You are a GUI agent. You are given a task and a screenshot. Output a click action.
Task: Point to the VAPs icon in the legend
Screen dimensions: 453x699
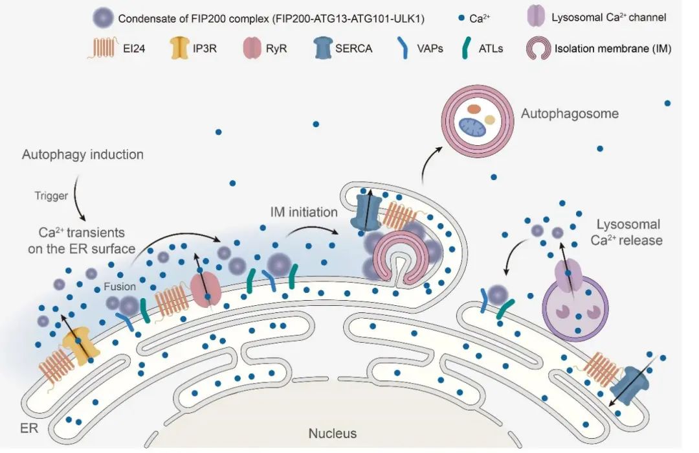[x=403, y=49]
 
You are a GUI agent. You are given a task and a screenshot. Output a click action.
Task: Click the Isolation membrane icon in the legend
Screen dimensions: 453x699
[x=537, y=49]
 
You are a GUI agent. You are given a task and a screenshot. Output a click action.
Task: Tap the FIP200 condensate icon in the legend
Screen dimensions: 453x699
[x=103, y=18]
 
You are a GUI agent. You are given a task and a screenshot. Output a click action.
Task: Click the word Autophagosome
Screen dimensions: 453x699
[x=570, y=114]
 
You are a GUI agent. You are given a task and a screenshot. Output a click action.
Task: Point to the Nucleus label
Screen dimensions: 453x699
[x=332, y=434]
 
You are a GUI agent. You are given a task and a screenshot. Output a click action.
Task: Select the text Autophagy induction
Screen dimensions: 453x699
[x=82, y=156]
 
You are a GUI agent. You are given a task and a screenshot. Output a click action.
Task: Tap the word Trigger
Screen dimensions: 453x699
[x=51, y=196]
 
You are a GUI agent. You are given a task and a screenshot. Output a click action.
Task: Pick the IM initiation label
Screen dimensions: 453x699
[x=304, y=212]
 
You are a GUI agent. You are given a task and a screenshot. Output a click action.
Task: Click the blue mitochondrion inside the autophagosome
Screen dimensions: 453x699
[x=476, y=126]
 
